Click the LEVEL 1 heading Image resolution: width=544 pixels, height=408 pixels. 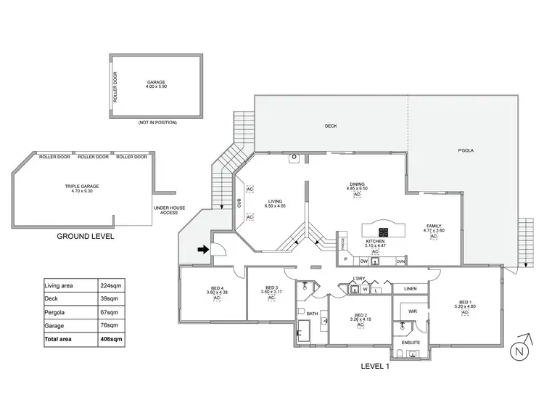point(375,366)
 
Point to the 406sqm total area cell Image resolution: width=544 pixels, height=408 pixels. point(109,338)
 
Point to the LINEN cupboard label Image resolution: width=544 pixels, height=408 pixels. point(411,288)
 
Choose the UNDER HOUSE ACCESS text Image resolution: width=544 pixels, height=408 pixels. point(168,211)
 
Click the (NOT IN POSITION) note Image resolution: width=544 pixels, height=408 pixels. point(157,123)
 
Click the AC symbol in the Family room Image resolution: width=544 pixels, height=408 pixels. point(433,237)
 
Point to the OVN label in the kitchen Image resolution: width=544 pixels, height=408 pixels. point(400,260)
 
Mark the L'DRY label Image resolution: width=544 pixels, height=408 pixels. point(358,279)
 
